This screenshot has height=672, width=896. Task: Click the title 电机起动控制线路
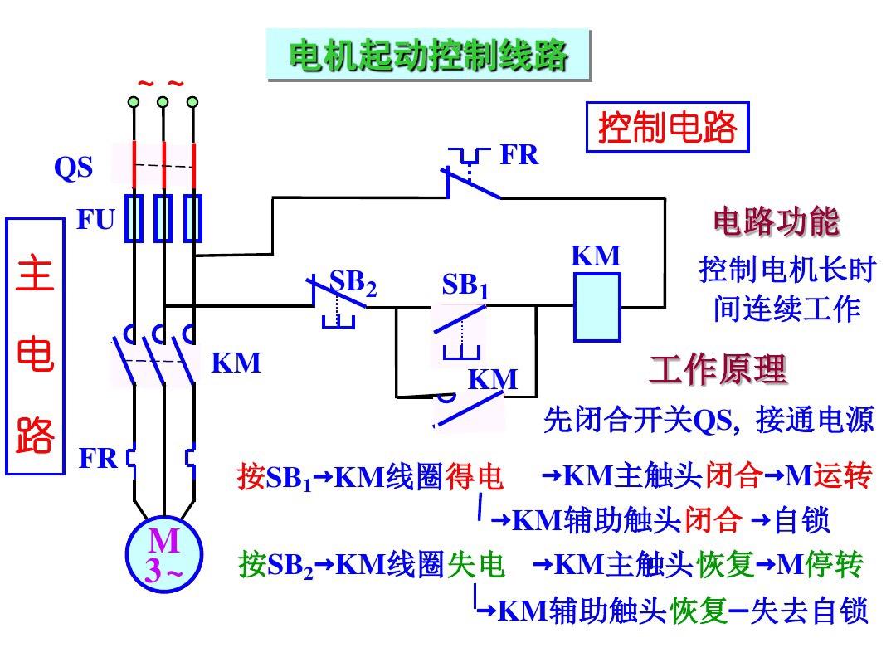pos(429,56)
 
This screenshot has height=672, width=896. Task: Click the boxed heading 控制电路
pos(667,127)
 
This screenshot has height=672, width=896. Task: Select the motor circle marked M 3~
pos(164,554)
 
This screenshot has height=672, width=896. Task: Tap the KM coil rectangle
pos(597,308)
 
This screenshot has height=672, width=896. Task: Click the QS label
pos(73,168)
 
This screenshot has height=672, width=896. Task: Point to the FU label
pos(96,219)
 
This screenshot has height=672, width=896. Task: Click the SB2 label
pos(353,283)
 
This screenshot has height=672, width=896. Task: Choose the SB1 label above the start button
pos(465,285)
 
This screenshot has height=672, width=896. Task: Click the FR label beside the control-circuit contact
pos(519,154)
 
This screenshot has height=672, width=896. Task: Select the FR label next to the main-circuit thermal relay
pos(98,458)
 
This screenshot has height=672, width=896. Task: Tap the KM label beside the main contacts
pos(236,363)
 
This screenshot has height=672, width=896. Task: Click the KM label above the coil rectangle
pos(596,256)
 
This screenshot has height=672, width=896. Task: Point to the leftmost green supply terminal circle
pos(133,102)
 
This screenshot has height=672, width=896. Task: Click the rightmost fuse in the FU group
pos(193,217)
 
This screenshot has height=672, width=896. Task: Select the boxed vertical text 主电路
pos(35,346)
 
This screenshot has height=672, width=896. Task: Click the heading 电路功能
pos(777,222)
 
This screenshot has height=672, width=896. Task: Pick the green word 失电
pos(476,565)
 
